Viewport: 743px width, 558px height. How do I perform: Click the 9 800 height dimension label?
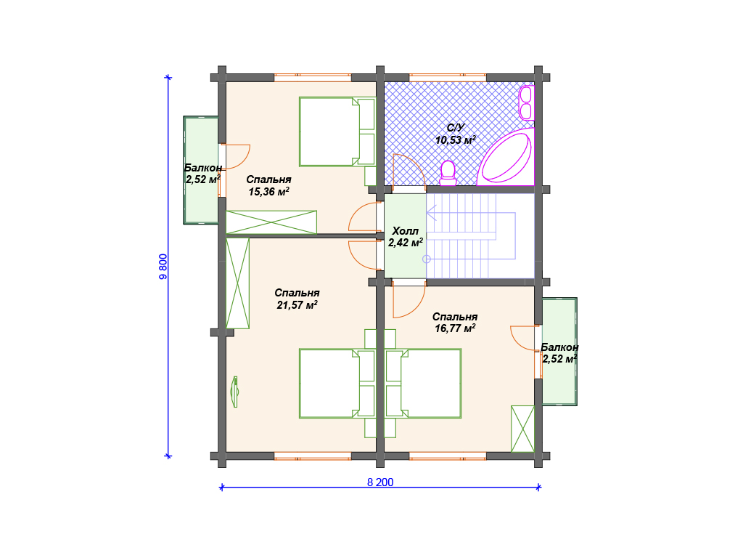tap(163, 267)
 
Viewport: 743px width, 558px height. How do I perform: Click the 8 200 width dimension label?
tap(380, 482)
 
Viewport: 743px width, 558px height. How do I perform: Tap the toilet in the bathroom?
tap(448, 173)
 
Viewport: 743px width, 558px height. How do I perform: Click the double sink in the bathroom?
tap(525, 102)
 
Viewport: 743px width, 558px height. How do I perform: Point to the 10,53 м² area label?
tap(456, 140)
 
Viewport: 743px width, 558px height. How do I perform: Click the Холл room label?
tap(405, 231)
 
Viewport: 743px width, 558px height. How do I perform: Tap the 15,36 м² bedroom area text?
tap(268, 191)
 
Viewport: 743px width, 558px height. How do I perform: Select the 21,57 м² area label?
tap(297, 304)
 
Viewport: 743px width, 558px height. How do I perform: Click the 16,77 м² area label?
tap(455, 328)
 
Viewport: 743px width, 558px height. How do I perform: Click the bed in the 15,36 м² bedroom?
tap(337, 132)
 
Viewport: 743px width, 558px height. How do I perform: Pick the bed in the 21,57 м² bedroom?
tap(337, 384)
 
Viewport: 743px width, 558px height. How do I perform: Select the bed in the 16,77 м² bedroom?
tap(423, 384)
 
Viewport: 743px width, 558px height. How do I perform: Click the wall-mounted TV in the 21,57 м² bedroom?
tap(234, 392)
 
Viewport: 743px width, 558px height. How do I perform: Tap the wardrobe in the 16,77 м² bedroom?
tap(522, 429)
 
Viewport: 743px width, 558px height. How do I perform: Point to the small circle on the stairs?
tap(427, 259)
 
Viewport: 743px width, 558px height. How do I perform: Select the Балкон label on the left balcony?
tap(203, 168)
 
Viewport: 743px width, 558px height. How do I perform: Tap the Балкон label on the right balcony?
tap(559, 347)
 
